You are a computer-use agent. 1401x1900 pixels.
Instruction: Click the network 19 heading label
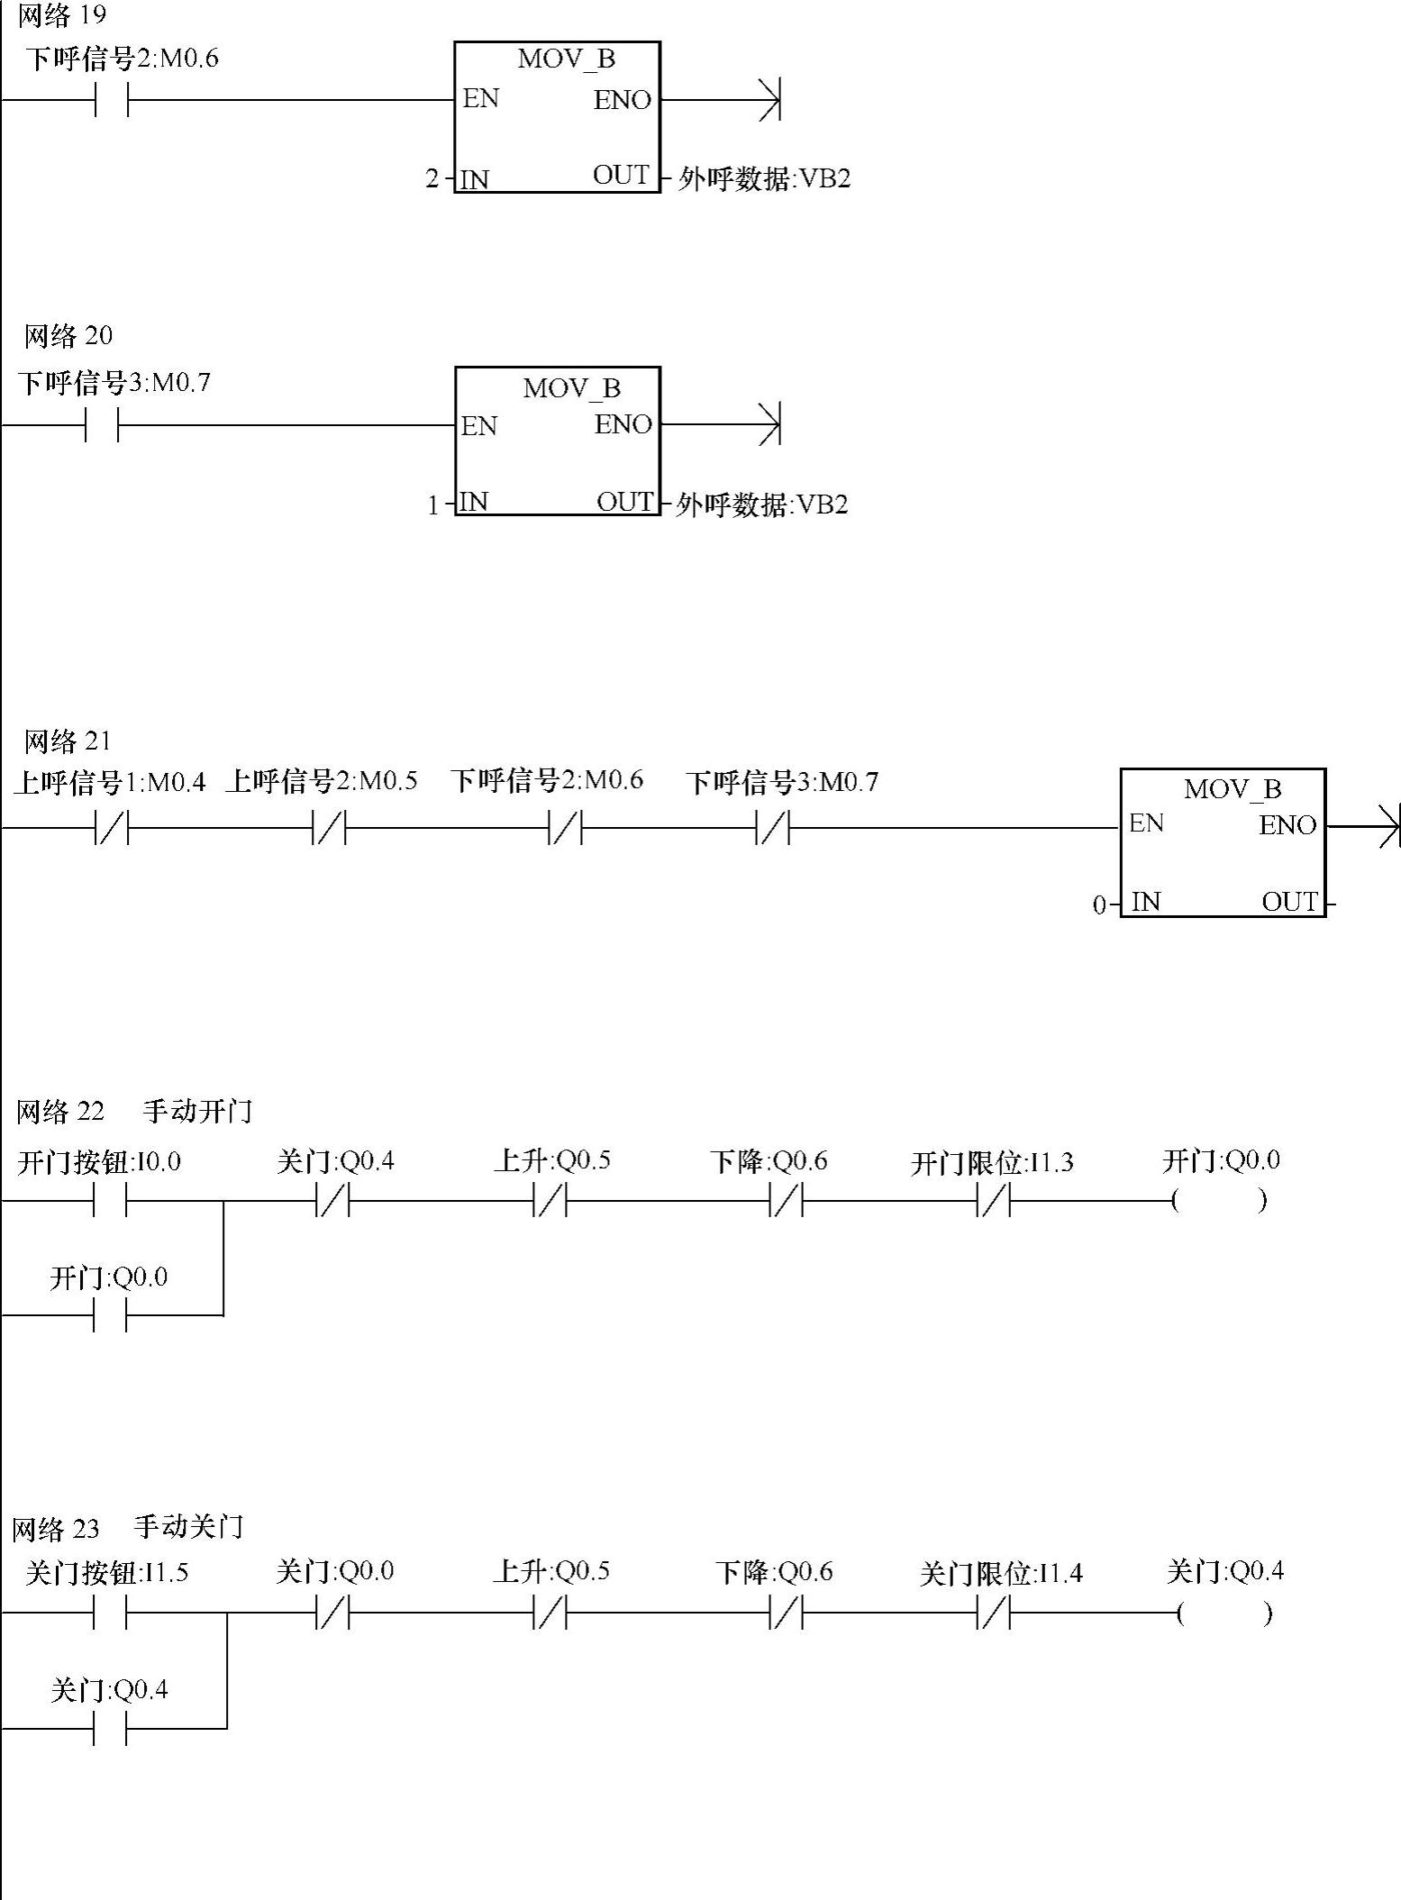click(61, 15)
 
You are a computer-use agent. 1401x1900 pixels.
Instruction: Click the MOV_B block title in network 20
click(571, 388)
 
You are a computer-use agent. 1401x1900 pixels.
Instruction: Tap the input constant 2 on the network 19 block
click(432, 179)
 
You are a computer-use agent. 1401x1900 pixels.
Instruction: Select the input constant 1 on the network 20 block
click(433, 505)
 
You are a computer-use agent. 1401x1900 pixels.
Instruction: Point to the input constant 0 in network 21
click(1098, 905)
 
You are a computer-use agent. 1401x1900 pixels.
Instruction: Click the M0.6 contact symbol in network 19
click(111, 99)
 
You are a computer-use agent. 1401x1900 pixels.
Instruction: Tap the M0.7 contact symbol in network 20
click(102, 424)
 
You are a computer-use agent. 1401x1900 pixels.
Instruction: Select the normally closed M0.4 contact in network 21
click(112, 827)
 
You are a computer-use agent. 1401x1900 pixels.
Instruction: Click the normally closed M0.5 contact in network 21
click(329, 827)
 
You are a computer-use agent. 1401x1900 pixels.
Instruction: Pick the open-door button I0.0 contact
click(110, 1200)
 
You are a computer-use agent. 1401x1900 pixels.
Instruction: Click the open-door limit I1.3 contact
click(994, 1200)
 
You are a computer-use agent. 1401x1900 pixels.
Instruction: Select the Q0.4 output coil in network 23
click(1224, 1613)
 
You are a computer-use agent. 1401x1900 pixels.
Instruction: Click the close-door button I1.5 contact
click(110, 1613)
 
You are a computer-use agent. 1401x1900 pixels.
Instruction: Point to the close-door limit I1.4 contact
click(994, 1613)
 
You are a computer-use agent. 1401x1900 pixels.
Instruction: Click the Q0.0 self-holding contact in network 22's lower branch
click(110, 1315)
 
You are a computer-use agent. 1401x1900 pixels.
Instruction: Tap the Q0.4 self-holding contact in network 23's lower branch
click(110, 1728)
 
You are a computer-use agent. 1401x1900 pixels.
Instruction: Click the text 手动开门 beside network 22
click(197, 1111)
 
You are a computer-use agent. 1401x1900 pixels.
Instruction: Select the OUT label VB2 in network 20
click(762, 505)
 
